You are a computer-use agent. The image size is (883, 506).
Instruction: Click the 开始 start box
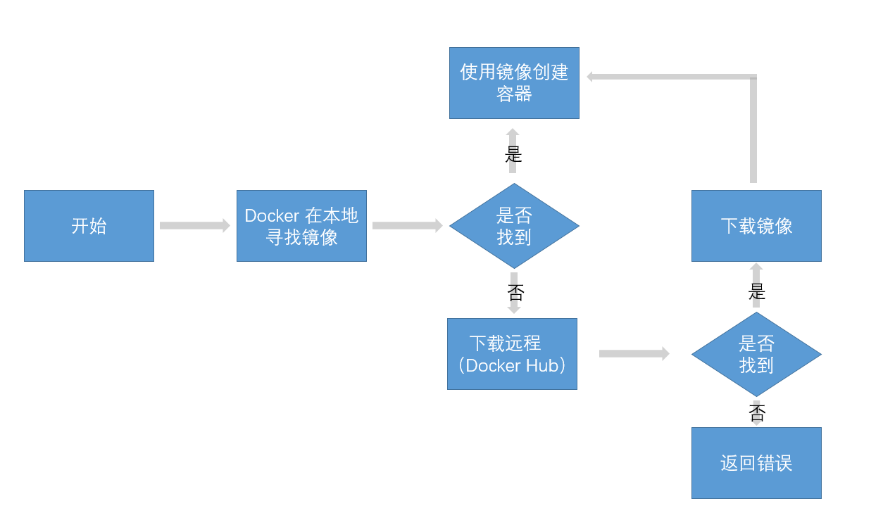pos(89,226)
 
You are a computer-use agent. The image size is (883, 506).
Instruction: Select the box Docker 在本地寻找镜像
pos(301,226)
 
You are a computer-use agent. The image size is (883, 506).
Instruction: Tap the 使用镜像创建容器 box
pos(514,83)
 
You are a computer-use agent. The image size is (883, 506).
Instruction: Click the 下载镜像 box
pos(756,226)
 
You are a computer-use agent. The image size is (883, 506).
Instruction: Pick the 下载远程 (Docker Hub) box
pos(512,354)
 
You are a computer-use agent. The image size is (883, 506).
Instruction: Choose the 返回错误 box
pos(756,463)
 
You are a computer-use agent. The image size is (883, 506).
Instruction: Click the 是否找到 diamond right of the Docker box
pos(514,226)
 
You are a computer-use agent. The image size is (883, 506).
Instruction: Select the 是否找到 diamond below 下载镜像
pos(756,354)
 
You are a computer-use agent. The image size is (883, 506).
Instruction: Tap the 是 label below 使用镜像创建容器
pos(513,154)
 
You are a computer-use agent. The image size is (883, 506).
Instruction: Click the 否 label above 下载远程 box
pos(515,291)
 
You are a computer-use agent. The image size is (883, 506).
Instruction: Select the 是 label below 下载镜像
pos(757,291)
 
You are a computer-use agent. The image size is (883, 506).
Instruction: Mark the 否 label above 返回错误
pos(757,412)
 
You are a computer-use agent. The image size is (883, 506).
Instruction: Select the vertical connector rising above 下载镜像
pos(753,130)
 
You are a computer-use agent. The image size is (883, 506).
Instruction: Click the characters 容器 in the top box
pos(514,94)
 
